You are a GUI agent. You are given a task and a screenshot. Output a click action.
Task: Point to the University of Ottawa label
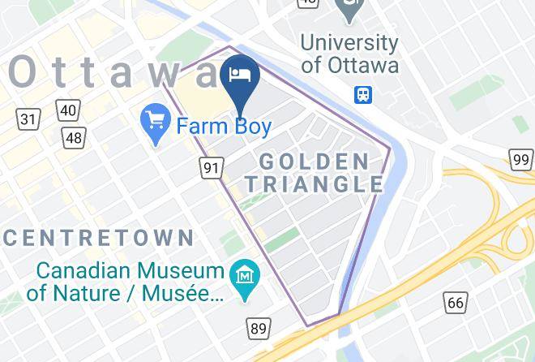[x=349, y=53]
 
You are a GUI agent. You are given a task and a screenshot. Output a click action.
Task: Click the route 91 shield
[x=212, y=168]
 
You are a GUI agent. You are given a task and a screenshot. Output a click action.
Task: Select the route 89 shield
[x=259, y=328]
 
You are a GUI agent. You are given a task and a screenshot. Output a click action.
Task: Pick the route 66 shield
[x=456, y=304]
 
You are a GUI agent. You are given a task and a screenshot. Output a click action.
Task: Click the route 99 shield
[x=521, y=159]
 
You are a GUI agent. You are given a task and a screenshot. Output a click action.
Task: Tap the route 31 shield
[x=28, y=119]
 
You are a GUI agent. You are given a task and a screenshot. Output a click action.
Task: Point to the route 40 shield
[x=68, y=110]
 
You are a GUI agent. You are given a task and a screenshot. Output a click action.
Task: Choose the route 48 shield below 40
[x=74, y=137]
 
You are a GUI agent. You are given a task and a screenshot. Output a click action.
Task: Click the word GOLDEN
[x=315, y=161]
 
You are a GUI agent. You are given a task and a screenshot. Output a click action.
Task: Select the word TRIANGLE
[x=314, y=184]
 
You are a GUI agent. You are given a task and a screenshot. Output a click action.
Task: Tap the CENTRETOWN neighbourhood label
[x=98, y=238]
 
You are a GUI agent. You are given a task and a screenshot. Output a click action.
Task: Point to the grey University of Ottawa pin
[x=349, y=10]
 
